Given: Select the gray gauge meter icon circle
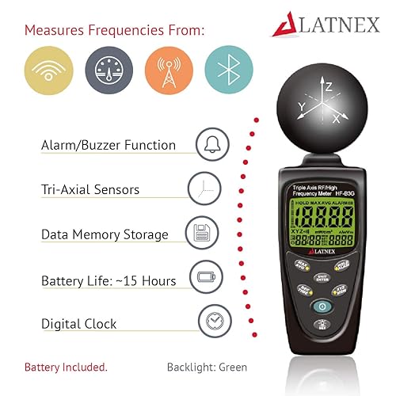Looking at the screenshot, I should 109,70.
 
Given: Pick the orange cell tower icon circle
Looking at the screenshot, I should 169,70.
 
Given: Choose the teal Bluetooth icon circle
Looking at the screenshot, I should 229,70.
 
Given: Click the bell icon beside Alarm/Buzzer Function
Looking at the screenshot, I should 211,145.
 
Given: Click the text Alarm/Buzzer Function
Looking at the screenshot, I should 108,146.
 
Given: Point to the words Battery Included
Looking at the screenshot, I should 66,367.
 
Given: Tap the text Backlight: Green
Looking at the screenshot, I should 207,367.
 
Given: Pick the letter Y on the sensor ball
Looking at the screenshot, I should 300,105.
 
